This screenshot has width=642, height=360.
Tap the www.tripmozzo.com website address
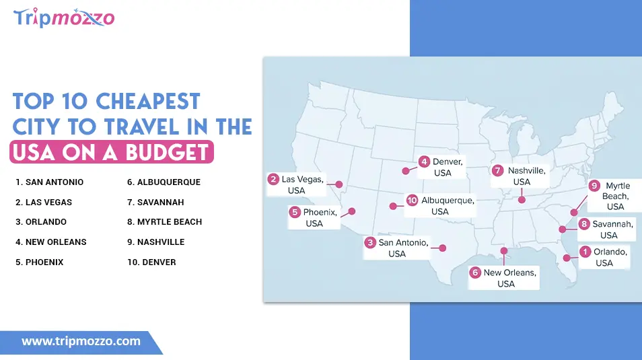coord(81,341)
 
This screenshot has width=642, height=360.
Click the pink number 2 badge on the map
coord(273,179)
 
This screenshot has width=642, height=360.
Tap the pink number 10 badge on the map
coord(412,201)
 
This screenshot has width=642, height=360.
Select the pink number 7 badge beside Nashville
coord(498,170)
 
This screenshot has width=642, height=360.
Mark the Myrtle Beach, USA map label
coord(614,196)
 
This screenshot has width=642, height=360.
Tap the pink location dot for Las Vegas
coord(339,184)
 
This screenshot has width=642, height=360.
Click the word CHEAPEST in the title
coord(148,102)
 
